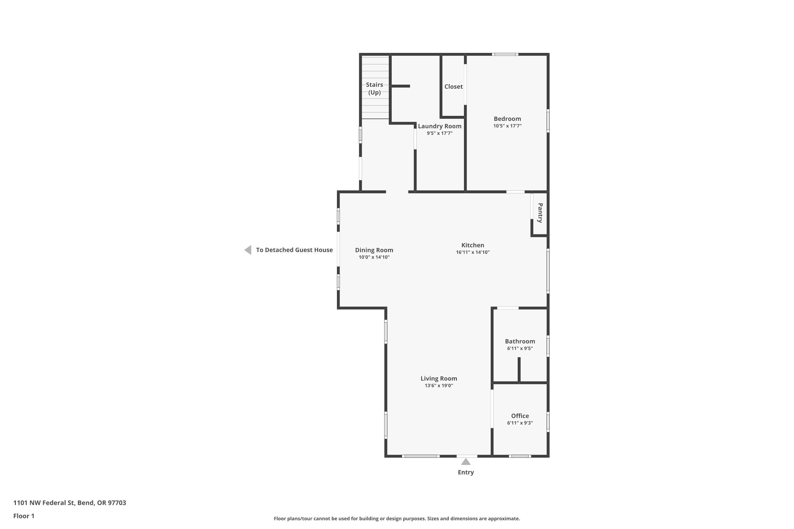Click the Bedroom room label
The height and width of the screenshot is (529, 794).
tap(507, 119)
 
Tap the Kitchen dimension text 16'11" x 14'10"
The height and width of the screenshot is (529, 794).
tap(473, 252)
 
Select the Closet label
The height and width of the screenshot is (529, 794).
tap(453, 87)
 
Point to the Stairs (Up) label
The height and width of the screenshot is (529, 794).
tap(375, 88)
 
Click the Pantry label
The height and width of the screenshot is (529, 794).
tap(540, 213)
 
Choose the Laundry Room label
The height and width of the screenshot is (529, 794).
tap(440, 126)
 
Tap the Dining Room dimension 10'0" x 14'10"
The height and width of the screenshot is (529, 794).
tap(374, 257)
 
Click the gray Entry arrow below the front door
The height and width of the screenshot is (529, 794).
tap(466, 462)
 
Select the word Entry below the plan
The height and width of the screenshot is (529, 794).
tap(466, 472)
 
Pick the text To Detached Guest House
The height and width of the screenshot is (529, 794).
tap(294, 250)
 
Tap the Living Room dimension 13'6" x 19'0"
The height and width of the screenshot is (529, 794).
tap(439, 386)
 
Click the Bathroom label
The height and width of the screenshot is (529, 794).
tap(520, 341)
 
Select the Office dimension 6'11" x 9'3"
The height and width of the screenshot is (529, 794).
tap(520, 423)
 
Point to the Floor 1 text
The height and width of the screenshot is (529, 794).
tap(24, 516)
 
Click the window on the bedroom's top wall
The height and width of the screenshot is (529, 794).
tap(505, 54)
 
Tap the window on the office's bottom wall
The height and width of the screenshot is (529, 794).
tap(520, 456)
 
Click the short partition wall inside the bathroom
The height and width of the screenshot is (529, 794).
tap(519, 370)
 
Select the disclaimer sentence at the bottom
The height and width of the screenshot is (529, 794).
tap(397, 518)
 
